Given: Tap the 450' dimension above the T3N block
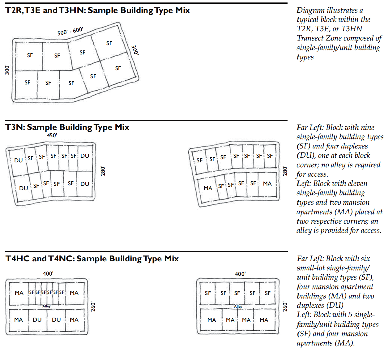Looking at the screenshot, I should coord(52,135).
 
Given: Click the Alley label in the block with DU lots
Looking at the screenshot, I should coord(46,306).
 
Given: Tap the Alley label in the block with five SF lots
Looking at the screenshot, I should coord(238,306).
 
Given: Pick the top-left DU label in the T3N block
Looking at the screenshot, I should coord(19,160).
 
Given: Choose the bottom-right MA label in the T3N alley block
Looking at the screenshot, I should coord(267,184).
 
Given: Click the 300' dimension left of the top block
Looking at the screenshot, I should coord(7,70).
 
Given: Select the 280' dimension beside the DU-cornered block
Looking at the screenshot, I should coord(103,171).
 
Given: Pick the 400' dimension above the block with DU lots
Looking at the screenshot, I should coord(48,274).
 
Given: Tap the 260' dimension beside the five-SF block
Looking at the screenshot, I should coord(285,306).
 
